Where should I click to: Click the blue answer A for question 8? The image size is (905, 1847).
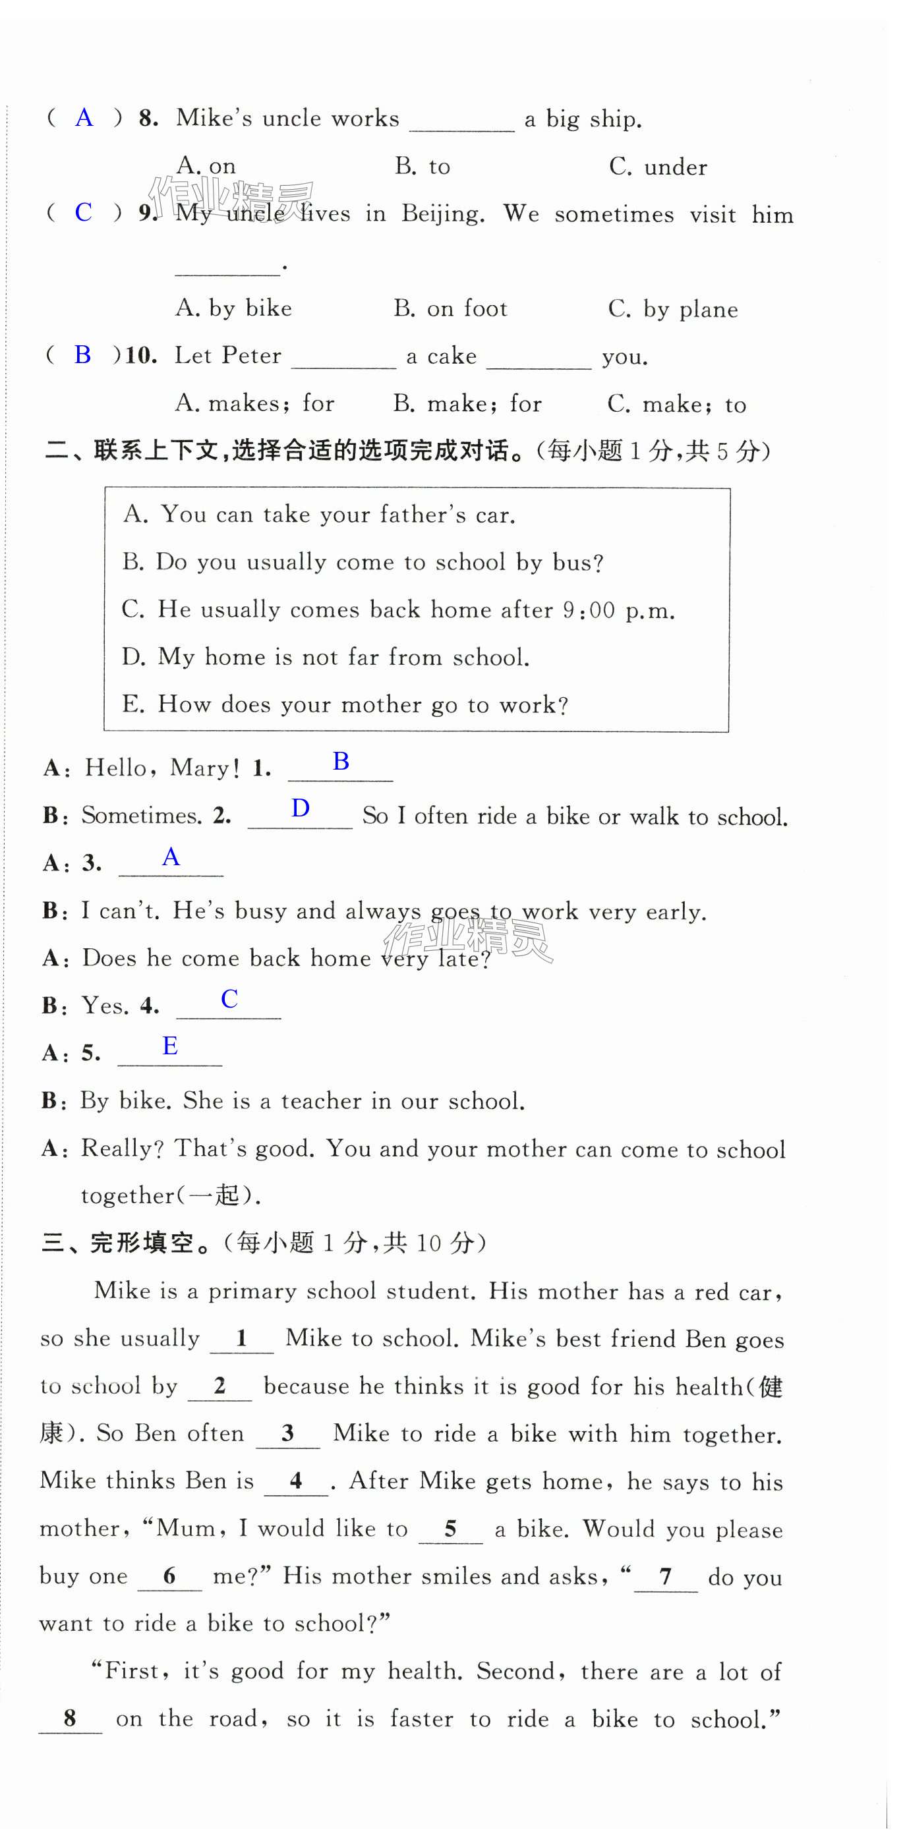click(84, 117)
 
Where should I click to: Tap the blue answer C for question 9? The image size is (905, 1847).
click(83, 212)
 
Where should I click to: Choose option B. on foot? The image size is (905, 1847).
click(450, 309)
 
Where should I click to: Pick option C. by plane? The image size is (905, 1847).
click(673, 310)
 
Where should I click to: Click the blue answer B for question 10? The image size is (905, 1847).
click(82, 355)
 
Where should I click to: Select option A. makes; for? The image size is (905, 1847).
click(254, 404)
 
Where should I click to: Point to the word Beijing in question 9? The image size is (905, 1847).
click(442, 213)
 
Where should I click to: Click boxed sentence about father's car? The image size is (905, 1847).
click(319, 515)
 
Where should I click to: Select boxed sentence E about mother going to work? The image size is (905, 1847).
click(345, 705)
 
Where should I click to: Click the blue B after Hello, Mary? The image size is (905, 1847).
click(341, 762)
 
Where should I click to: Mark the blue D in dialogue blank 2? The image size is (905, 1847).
click(301, 809)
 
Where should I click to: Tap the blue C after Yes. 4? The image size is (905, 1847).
click(229, 999)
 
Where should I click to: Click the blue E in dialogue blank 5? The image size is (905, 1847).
click(170, 1046)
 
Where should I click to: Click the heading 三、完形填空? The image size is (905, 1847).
click(119, 1243)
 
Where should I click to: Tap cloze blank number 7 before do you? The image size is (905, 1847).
click(666, 1577)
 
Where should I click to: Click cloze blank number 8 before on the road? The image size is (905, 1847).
click(70, 1718)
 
